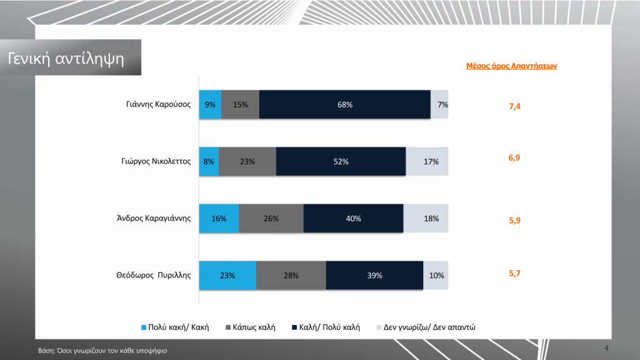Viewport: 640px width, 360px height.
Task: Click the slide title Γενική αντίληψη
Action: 66,59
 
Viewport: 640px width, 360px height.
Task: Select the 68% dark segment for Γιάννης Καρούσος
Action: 344,105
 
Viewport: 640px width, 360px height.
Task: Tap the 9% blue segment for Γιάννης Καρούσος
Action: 210,105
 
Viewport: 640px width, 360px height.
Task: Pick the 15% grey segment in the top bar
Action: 240,105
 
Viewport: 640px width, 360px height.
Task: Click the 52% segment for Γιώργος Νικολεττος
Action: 341,162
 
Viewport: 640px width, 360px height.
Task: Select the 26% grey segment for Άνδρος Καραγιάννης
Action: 271,219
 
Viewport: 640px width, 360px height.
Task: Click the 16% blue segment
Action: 219,219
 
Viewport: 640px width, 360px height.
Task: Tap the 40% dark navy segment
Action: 353,219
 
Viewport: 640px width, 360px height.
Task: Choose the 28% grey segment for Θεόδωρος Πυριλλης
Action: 291,276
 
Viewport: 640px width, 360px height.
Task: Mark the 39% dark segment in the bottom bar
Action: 374,276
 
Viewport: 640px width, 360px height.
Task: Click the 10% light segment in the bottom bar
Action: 436,276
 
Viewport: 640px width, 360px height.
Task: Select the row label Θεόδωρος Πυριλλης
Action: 153,276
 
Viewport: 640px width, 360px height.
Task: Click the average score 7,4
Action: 515,107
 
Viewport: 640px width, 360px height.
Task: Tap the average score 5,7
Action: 515,272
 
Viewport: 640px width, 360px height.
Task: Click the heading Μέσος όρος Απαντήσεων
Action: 512,66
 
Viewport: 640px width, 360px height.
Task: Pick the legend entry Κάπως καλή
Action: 254,327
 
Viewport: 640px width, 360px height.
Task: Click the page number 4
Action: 606,347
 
